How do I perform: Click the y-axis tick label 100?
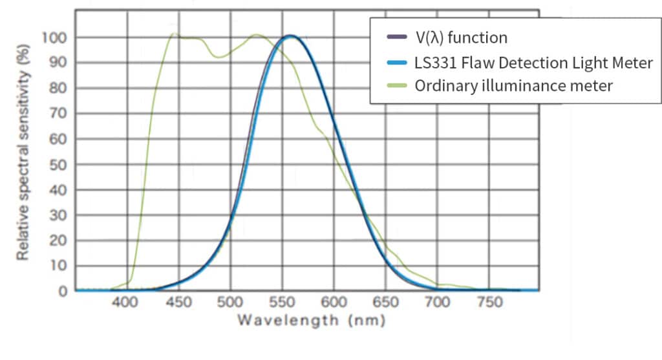click(x=54, y=37)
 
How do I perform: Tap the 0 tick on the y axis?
click(x=63, y=291)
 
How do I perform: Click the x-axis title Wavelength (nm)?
click(x=311, y=320)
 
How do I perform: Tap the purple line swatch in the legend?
click(x=394, y=38)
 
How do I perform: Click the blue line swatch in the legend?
click(x=394, y=62)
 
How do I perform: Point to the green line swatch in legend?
click(x=394, y=86)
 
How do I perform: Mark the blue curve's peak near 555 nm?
click(x=290, y=36)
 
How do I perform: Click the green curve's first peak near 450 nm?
click(x=174, y=34)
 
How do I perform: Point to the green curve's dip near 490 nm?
click(x=219, y=58)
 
